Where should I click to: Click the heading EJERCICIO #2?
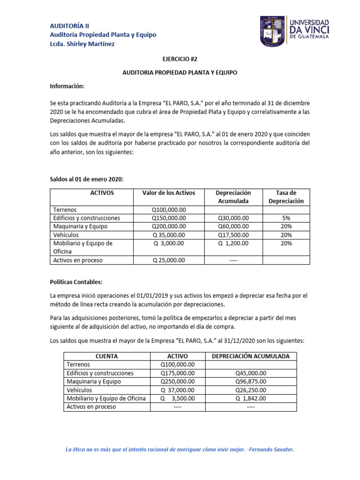[180, 60]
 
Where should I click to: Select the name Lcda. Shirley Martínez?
[82, 44]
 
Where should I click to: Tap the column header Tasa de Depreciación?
[286, 197]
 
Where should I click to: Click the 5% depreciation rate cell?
[286, 218]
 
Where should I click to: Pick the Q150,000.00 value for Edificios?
[169, 218]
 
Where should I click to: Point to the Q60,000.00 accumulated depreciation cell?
[233, 226]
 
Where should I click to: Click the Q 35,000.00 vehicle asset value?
[169, 235]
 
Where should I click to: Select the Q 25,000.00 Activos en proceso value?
[169, 260]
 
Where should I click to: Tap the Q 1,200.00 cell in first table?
[233, 243]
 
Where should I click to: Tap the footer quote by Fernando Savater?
[180, 449]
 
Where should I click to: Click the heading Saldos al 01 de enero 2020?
[87, 180]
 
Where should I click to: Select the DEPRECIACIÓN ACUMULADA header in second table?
[250, 356]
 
